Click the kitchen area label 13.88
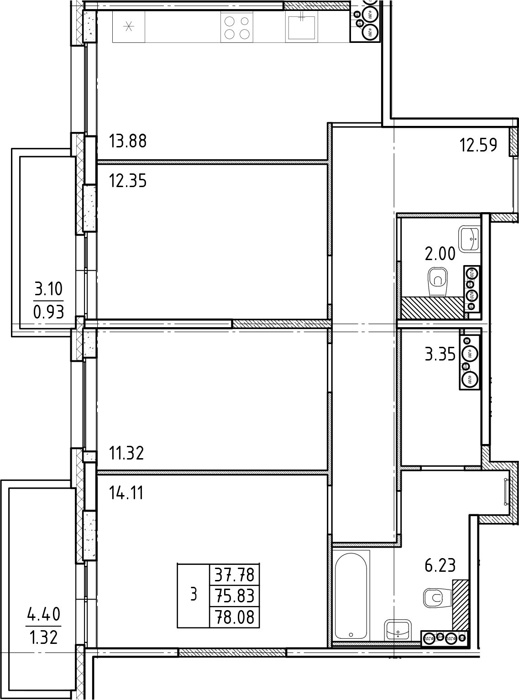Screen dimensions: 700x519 pos(128,141)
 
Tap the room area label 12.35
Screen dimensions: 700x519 pos(128,181)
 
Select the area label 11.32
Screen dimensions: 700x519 pos(126,453)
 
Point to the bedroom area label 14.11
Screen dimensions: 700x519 pos(126,493)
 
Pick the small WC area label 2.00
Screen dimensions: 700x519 pos(440,254)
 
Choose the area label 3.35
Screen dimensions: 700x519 pos(440,355)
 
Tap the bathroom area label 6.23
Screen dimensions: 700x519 pos(440,566)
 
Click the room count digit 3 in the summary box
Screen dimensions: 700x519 pos(194,595)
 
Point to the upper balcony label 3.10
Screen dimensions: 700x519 pos(48,289)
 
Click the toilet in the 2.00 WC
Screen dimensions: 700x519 pos(439,282)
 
